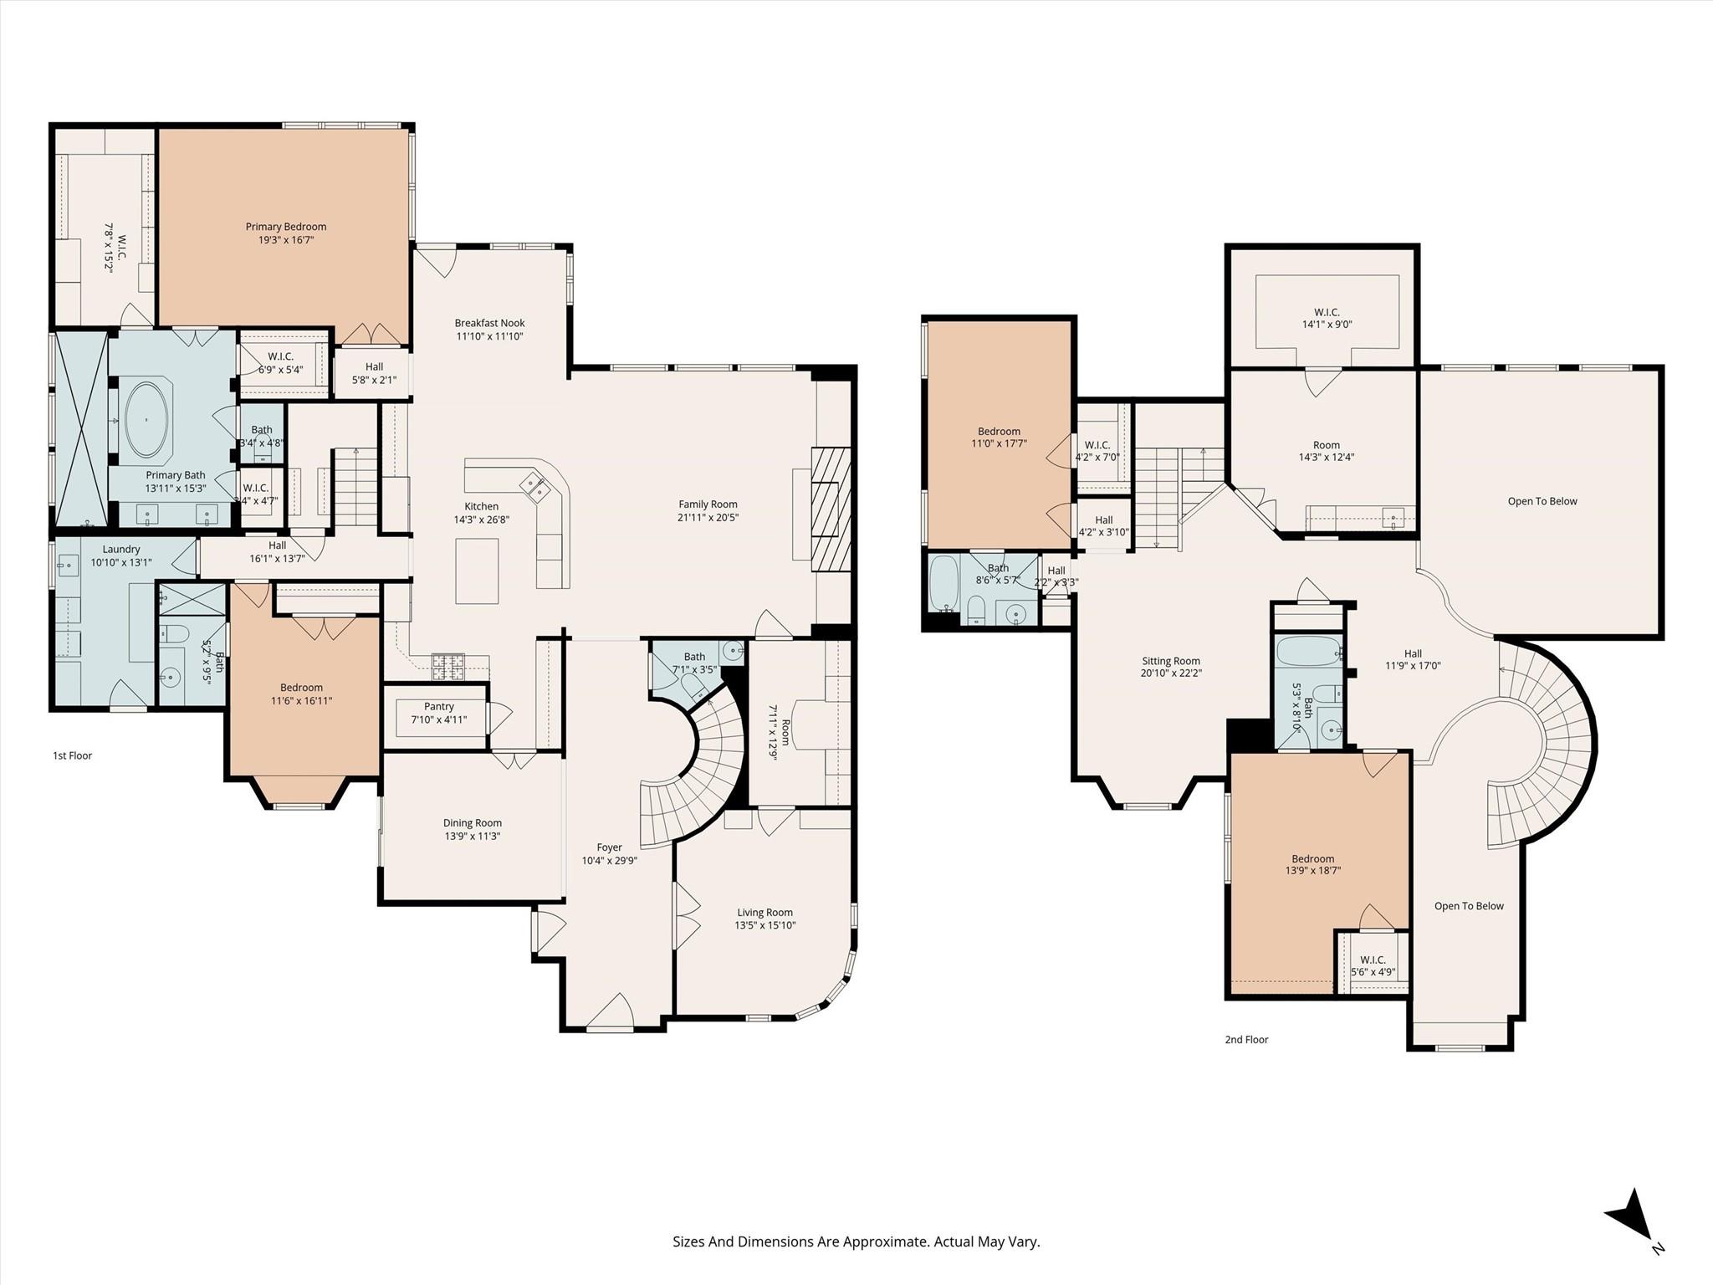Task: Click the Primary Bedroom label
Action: pyautogui.click(x=285, y=227)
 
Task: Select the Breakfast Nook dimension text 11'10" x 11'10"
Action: pyautogui.click(x=489, y=336)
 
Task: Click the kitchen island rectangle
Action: pyautogui.click(x=477, y=571)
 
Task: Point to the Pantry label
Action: pyautogui.click(x=438, y=707)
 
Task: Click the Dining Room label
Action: pyautogui.click(x=472, y=823)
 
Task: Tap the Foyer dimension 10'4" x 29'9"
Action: pyautogui.click(x=609, y=860)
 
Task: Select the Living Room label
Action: pyautogui.click(x=764, y=913)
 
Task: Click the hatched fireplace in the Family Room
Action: pyautogui.click(x=831, y=509)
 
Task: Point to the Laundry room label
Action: pyautogui.click(x=121, y=550)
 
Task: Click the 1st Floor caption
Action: pyautogui.click(x=72, y=755)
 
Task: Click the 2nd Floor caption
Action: pyautogui.click(x=1246, y=1040)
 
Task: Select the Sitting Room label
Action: pyautogui.click(x=1171, y=661)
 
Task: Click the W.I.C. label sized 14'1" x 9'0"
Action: pyautogui.click(x=1327, y=312)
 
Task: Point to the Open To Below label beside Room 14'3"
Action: pyautogui.click(x=1542, y=501)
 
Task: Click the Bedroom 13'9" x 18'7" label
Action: pyautogui.click(x=1312, y=859)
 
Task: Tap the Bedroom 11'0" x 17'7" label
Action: pyautogui.click(x=999, y=432)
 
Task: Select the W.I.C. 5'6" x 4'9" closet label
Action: pyautogui.click(x=1373, y=960)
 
